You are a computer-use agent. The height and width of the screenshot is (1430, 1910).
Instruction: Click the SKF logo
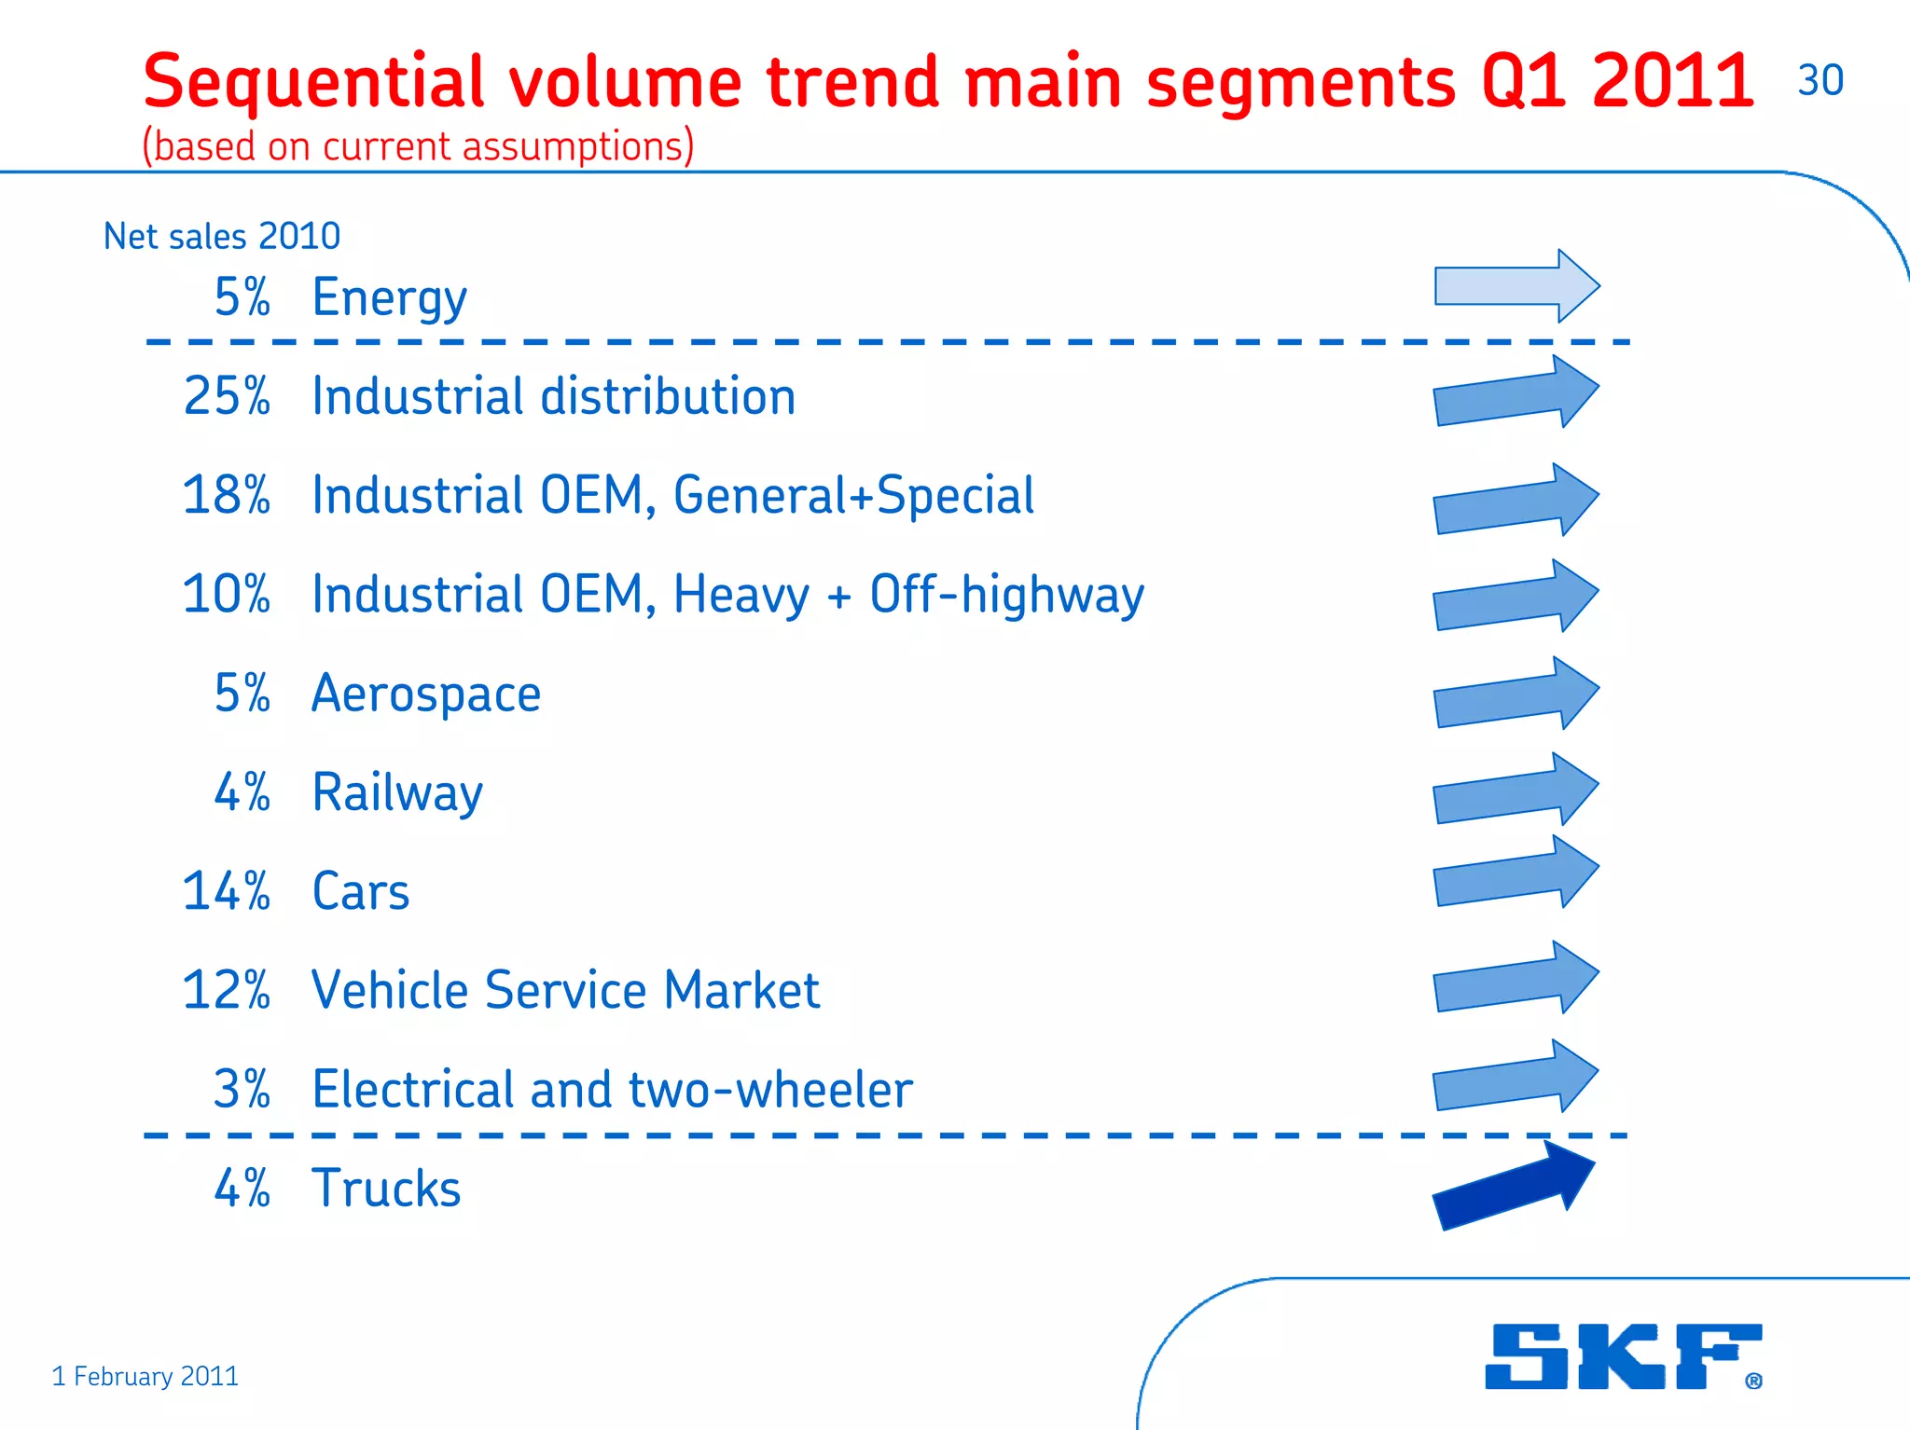(1623, 1356)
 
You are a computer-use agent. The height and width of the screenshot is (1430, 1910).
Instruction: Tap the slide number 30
(1820, 80)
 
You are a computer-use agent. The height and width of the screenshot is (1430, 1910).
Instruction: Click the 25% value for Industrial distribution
(227, 396)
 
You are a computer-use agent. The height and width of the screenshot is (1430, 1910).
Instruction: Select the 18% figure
(227, 495)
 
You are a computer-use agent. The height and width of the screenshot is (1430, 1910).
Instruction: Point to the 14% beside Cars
(227, 891)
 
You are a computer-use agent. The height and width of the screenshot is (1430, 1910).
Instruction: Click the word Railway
(397, 793)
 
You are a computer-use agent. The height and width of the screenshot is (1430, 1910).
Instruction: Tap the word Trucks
(386, 1189)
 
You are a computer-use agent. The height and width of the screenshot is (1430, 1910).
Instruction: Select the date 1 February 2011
(145, 1376)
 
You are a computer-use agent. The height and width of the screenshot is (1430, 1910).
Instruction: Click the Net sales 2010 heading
(222, 236)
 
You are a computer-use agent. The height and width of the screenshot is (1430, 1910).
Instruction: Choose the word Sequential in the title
(313, 82)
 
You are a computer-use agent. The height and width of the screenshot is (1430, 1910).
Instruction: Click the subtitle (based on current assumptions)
(418, 146)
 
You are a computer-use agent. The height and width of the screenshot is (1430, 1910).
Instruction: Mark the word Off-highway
(1006, 595)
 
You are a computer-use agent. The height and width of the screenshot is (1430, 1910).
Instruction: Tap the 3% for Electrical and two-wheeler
(242, 1089)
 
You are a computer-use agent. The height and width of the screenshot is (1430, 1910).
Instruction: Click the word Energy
(389, 298)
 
